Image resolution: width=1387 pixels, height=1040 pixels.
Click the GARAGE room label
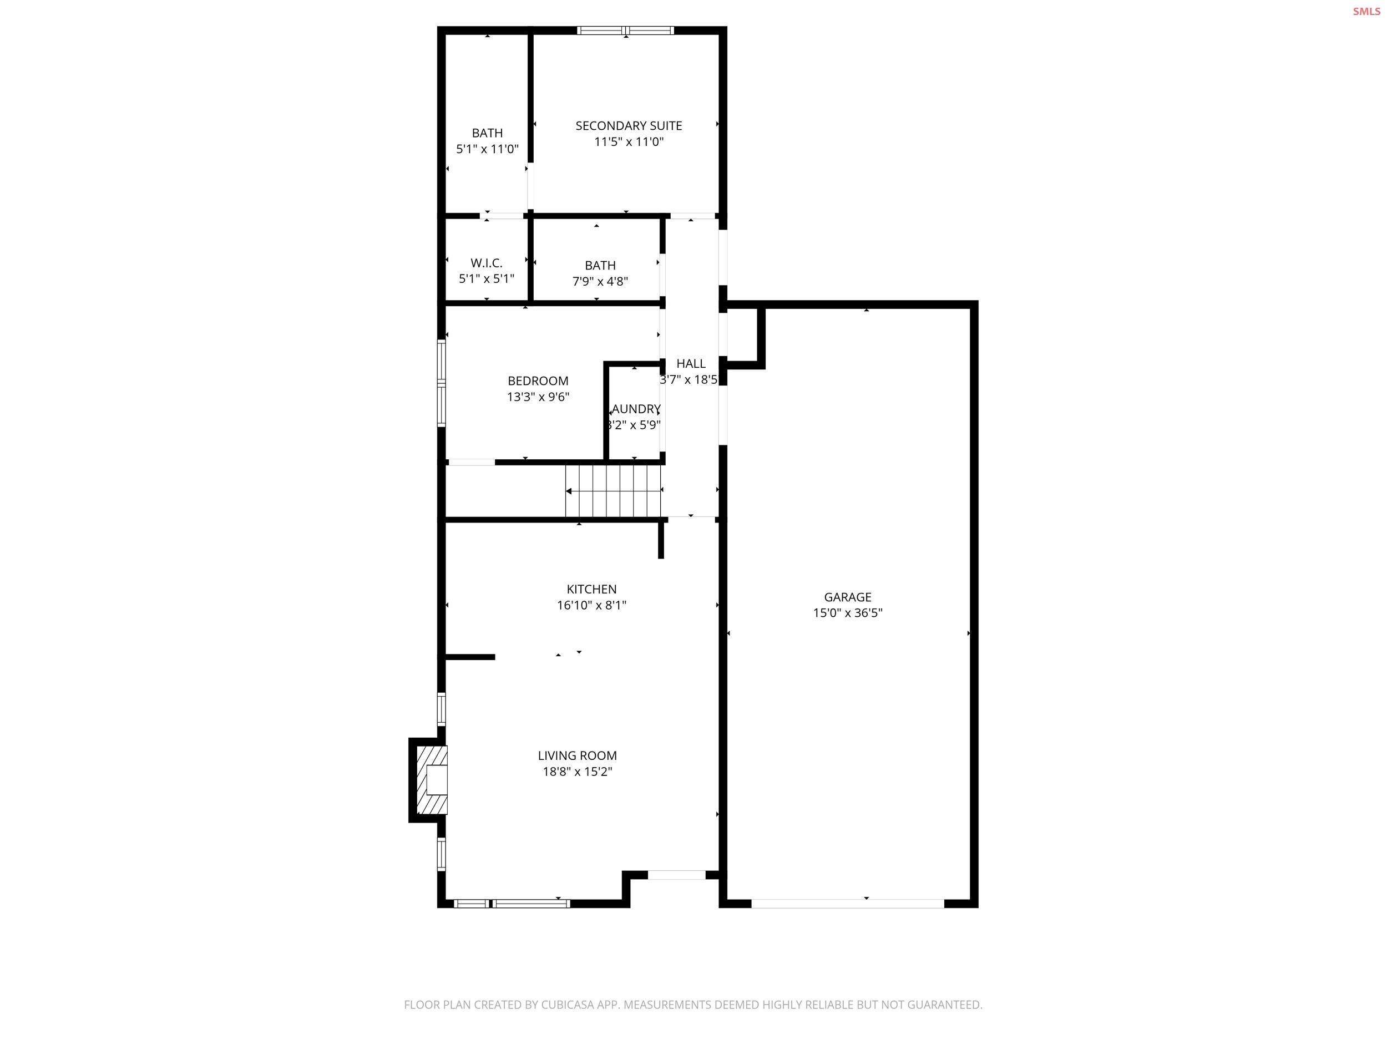847,597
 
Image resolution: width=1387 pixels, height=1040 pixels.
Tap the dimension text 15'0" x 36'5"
847,613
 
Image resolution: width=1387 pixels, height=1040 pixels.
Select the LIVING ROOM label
577,755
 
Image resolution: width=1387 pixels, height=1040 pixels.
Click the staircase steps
613,491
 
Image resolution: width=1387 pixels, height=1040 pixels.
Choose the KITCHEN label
591,589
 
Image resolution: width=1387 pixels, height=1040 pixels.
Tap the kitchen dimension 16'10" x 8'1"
591,605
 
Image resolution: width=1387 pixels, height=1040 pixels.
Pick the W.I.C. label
487,263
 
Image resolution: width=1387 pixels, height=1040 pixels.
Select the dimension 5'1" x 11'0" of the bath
487,149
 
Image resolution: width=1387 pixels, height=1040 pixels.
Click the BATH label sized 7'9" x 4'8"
600,265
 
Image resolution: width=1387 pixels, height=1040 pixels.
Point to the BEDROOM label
538,381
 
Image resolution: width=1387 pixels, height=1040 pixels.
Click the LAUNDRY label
636,409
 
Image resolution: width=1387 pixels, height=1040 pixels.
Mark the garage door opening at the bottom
847,904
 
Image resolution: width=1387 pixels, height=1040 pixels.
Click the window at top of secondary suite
625,30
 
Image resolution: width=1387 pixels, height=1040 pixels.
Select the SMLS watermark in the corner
1366,11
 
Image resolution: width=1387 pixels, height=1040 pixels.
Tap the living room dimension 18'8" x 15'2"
577,772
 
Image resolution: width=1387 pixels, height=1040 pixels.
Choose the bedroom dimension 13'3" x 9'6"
538,397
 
